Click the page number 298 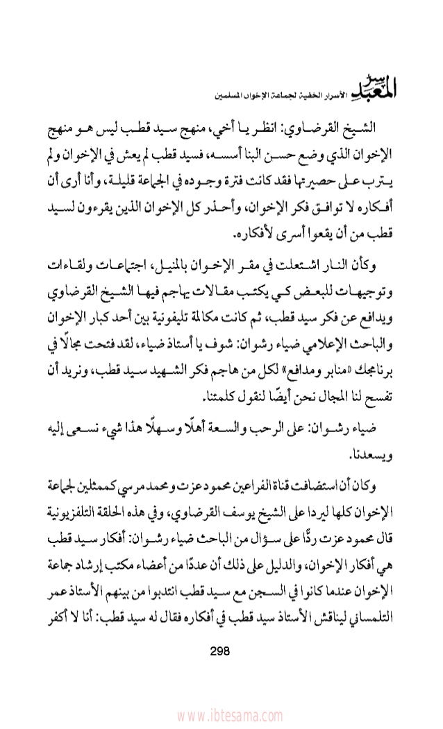click(222, 649)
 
